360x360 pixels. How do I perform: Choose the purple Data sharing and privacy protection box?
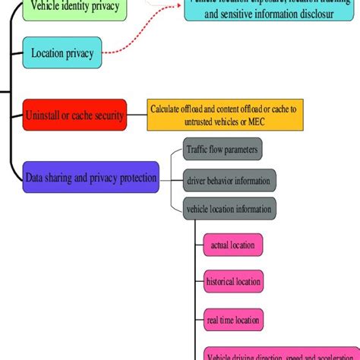[91, 178]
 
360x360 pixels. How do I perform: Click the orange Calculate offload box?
[224, 115]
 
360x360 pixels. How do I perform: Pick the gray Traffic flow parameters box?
[223, 150]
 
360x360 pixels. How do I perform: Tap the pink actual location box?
[233, 245]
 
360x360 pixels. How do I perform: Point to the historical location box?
[233, 282]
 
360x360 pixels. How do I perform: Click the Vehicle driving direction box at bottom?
[281, 355]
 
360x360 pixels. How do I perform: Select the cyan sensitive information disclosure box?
[270, 11]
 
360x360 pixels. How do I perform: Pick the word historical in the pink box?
[220, 282]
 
